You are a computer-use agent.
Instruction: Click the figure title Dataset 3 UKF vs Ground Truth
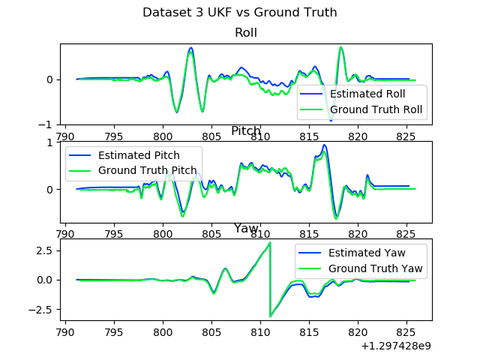tap(240, 13)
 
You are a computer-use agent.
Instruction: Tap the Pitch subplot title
tap(246, 131)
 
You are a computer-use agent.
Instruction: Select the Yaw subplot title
tap(246, 228)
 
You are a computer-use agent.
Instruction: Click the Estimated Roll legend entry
tap(367, 94)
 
